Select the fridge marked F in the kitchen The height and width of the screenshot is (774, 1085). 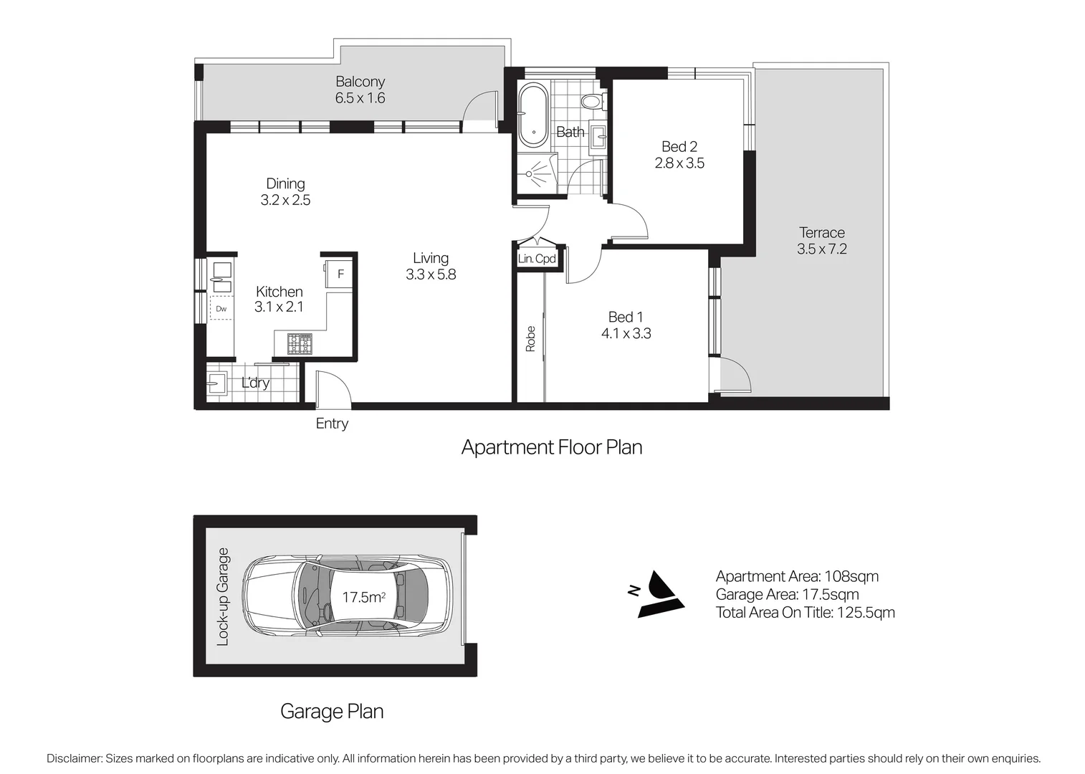(x=340, y=274)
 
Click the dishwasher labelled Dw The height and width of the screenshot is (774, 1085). (x=221, y=309)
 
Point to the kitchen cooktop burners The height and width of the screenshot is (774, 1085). (x=300, y=344)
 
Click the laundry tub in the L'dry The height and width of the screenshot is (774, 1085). (x=216, y=383)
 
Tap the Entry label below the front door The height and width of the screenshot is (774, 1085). (x=332, y=424)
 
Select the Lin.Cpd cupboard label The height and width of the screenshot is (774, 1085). (x=537, y=259)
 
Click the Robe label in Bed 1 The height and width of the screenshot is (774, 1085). (x=530, y=338)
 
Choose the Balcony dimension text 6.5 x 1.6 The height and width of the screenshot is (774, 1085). (x=360, y=98)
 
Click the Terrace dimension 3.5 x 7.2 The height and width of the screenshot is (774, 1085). (x=821, y=249)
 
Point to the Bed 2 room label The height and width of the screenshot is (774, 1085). (x=679, y=147)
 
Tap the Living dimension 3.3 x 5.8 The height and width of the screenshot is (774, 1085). (x=430, y=274)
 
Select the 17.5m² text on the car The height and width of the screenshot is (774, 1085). (x=363, y=597)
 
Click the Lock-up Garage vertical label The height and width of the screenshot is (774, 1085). (x=223, y=596)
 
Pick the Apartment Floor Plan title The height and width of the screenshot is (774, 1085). (x=551, y=447)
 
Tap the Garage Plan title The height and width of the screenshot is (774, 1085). (x=332, y=711)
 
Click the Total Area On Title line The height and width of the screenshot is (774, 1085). (x=805, y=612)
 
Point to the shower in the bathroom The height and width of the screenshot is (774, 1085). (x=535, y=172)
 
